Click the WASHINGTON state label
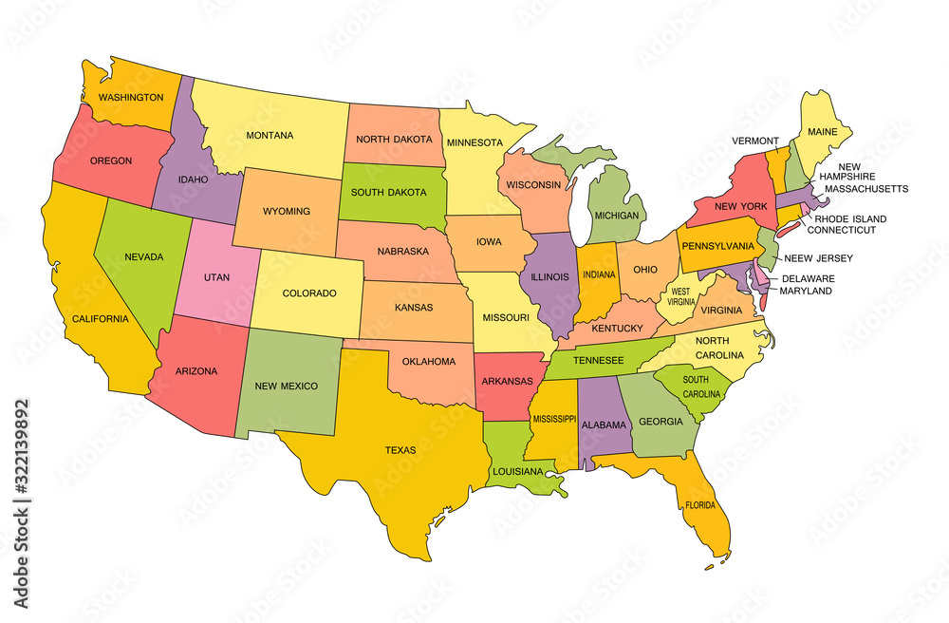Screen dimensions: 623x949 point(130,97)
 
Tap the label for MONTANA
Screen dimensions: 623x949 point(270,135)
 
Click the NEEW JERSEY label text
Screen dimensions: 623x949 point(821,258)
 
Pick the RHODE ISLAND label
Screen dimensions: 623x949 point(848,218)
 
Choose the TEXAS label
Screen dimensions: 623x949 point(400,450)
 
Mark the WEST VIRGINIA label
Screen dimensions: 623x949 point(681,297)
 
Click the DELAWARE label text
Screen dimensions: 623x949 point(807,279)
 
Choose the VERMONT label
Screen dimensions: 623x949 point(756,141)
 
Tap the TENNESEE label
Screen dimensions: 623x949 point(597,360)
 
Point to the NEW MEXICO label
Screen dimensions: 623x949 point(286,387)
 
